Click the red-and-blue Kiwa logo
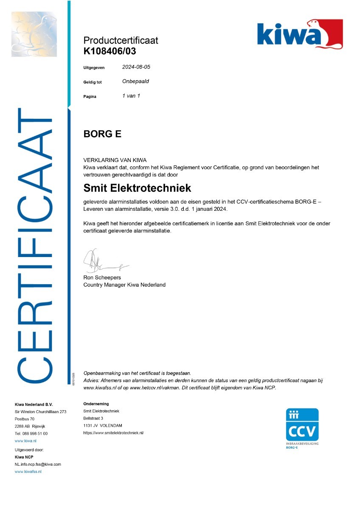300,34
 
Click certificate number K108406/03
110,51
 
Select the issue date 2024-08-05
136,67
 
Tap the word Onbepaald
135,81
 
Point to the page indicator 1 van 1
131,96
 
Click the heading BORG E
102,134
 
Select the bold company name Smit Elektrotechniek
137,187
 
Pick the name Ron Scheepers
102,277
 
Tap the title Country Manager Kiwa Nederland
124,285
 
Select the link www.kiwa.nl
25,441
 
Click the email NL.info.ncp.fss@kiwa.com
38,464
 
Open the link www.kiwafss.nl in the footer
28,472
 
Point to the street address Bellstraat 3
93,418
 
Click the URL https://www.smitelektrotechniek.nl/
114,433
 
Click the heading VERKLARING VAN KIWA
115,160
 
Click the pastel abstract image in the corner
34,34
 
